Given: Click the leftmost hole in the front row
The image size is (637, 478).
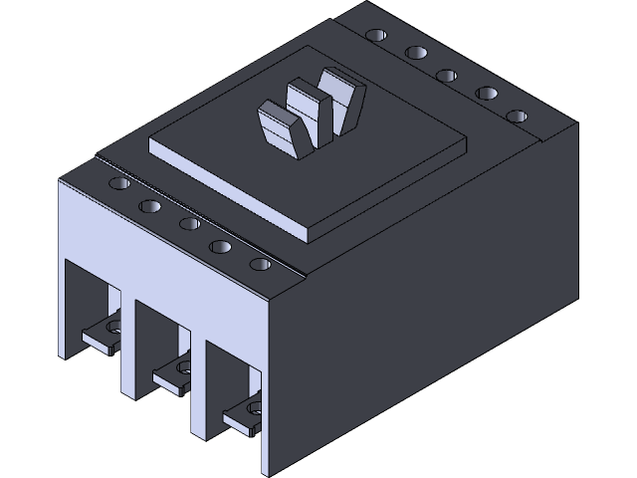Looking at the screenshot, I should coord(116,184).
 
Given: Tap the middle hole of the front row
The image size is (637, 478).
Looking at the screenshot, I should coord(187,223).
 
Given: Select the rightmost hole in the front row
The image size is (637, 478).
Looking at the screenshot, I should coord(261,265).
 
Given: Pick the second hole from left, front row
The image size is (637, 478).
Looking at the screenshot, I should coord(150,204).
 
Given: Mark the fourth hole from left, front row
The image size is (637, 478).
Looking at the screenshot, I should coord(222,244).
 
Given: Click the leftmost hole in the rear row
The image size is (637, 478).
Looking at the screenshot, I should coord(375,36).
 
